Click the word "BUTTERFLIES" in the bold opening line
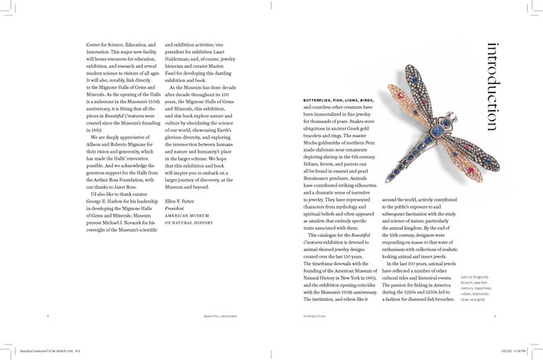[x=321, y=99]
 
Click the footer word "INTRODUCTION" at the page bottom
[x=315, y=316]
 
